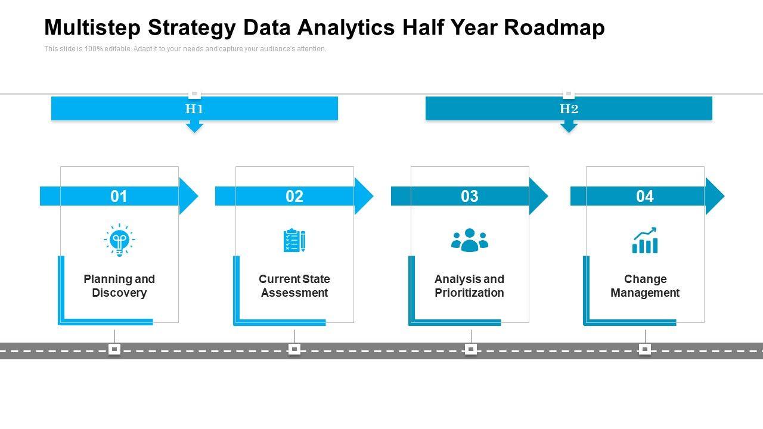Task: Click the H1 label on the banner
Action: click(x=194, y=108)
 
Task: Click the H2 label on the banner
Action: click(x=569, y=108)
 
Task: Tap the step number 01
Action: click(x=119, y=196)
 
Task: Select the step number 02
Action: click(x=294, y=196)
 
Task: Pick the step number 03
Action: click(x=470, y=196)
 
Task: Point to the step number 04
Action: click(x=645, y=196)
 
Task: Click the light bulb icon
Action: click(x=119, y=240)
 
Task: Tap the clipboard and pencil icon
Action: click(x=294, y=240)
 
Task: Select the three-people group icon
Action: click(x=470, y=240)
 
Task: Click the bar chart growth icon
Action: click(x=645, y=240)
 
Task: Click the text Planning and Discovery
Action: click(x=119, y=286)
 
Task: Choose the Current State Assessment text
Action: click(x=294, y=286)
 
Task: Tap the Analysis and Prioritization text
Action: click(x=469, y=286)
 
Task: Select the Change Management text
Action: click(x=645, y=286)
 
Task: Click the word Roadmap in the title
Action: click(x=554, y=27)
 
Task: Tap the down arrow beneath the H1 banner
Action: click(x=194, y=126)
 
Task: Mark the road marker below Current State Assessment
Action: click(x=294, y=349)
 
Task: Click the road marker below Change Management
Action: click(x=645, y=349)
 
